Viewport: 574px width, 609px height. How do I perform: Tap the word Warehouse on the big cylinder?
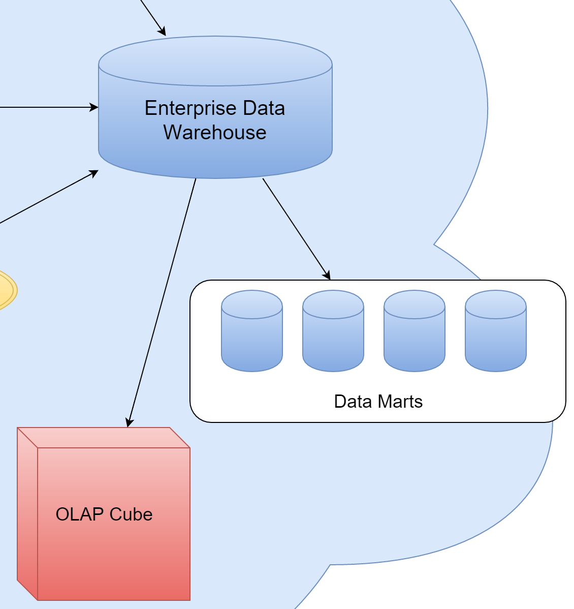pos(215,133)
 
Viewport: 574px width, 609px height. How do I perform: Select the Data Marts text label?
pos(378,402)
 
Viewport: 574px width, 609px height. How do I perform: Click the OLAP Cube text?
pos(104,514)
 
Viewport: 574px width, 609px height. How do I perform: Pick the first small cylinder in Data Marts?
pos(252,331)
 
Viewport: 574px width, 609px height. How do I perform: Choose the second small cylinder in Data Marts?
pos(333,331)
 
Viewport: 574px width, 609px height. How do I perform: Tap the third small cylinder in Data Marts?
pos(414,331)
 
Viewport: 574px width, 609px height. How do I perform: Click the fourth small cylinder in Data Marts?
pos(496,331)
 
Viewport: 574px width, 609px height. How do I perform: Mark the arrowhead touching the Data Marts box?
pos(327,275)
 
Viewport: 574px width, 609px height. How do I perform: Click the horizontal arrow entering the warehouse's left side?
pos(46,108)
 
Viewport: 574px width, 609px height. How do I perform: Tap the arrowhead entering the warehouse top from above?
pos(162,31)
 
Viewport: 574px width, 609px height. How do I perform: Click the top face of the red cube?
pos(104,437)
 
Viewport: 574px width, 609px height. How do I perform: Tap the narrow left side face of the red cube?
pos(27,513)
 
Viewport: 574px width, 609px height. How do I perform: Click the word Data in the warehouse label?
pos(264,109)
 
